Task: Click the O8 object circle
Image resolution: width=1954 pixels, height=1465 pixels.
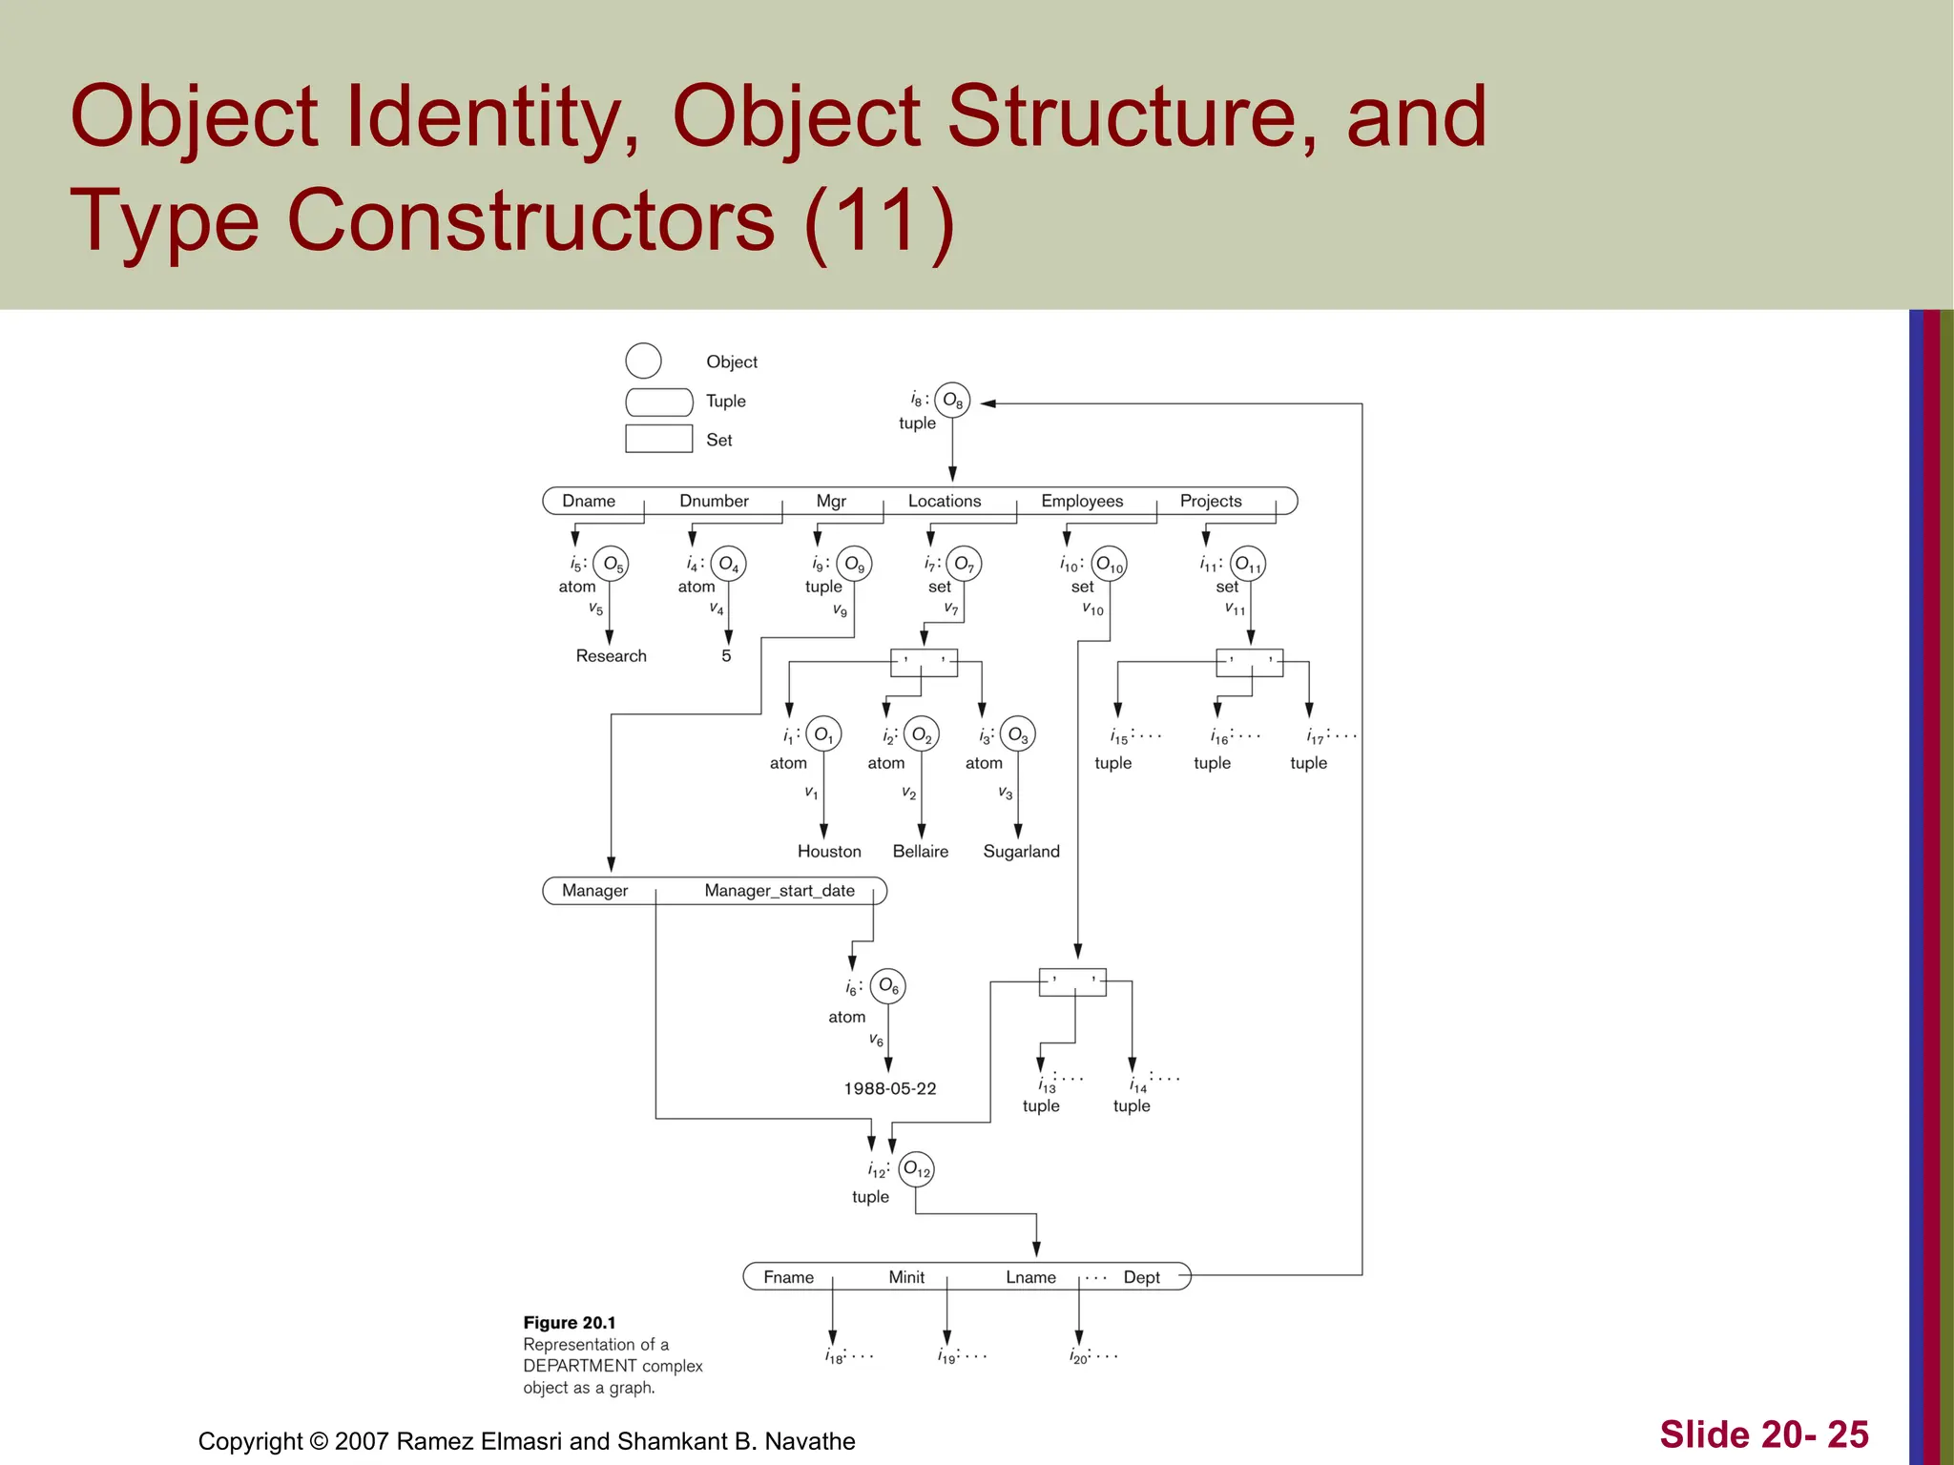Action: coord(952,401)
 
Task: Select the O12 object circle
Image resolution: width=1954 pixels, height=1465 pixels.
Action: coord(916,1168)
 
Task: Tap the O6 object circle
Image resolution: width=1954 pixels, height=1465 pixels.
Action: coord(888,985)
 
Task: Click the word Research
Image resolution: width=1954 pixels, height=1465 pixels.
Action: coord(611,656)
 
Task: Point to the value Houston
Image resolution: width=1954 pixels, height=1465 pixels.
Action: coord(829,852)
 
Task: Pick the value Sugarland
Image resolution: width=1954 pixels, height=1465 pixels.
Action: coord(1021,852)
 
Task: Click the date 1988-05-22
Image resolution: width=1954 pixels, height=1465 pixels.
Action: coord(890,1088)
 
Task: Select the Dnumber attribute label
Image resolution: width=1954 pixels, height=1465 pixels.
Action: coord(714,501)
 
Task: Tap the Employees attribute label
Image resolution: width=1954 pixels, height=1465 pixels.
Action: coord(1082,501)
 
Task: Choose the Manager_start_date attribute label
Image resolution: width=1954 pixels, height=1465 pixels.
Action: coord(780,891)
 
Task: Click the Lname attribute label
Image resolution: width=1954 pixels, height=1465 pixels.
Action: coord(1030,1277)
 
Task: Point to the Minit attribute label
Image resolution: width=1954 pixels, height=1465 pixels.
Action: coord(906,1277)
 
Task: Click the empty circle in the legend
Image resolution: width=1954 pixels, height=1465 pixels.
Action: coord(643,361)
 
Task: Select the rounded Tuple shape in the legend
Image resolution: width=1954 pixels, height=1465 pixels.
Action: coord(659,402)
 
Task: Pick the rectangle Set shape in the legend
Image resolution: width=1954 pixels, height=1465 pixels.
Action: coord(659,439)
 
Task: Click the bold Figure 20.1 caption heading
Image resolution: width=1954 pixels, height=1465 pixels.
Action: coord(570,1323)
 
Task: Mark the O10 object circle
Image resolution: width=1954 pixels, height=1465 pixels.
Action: coord(1109,565)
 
